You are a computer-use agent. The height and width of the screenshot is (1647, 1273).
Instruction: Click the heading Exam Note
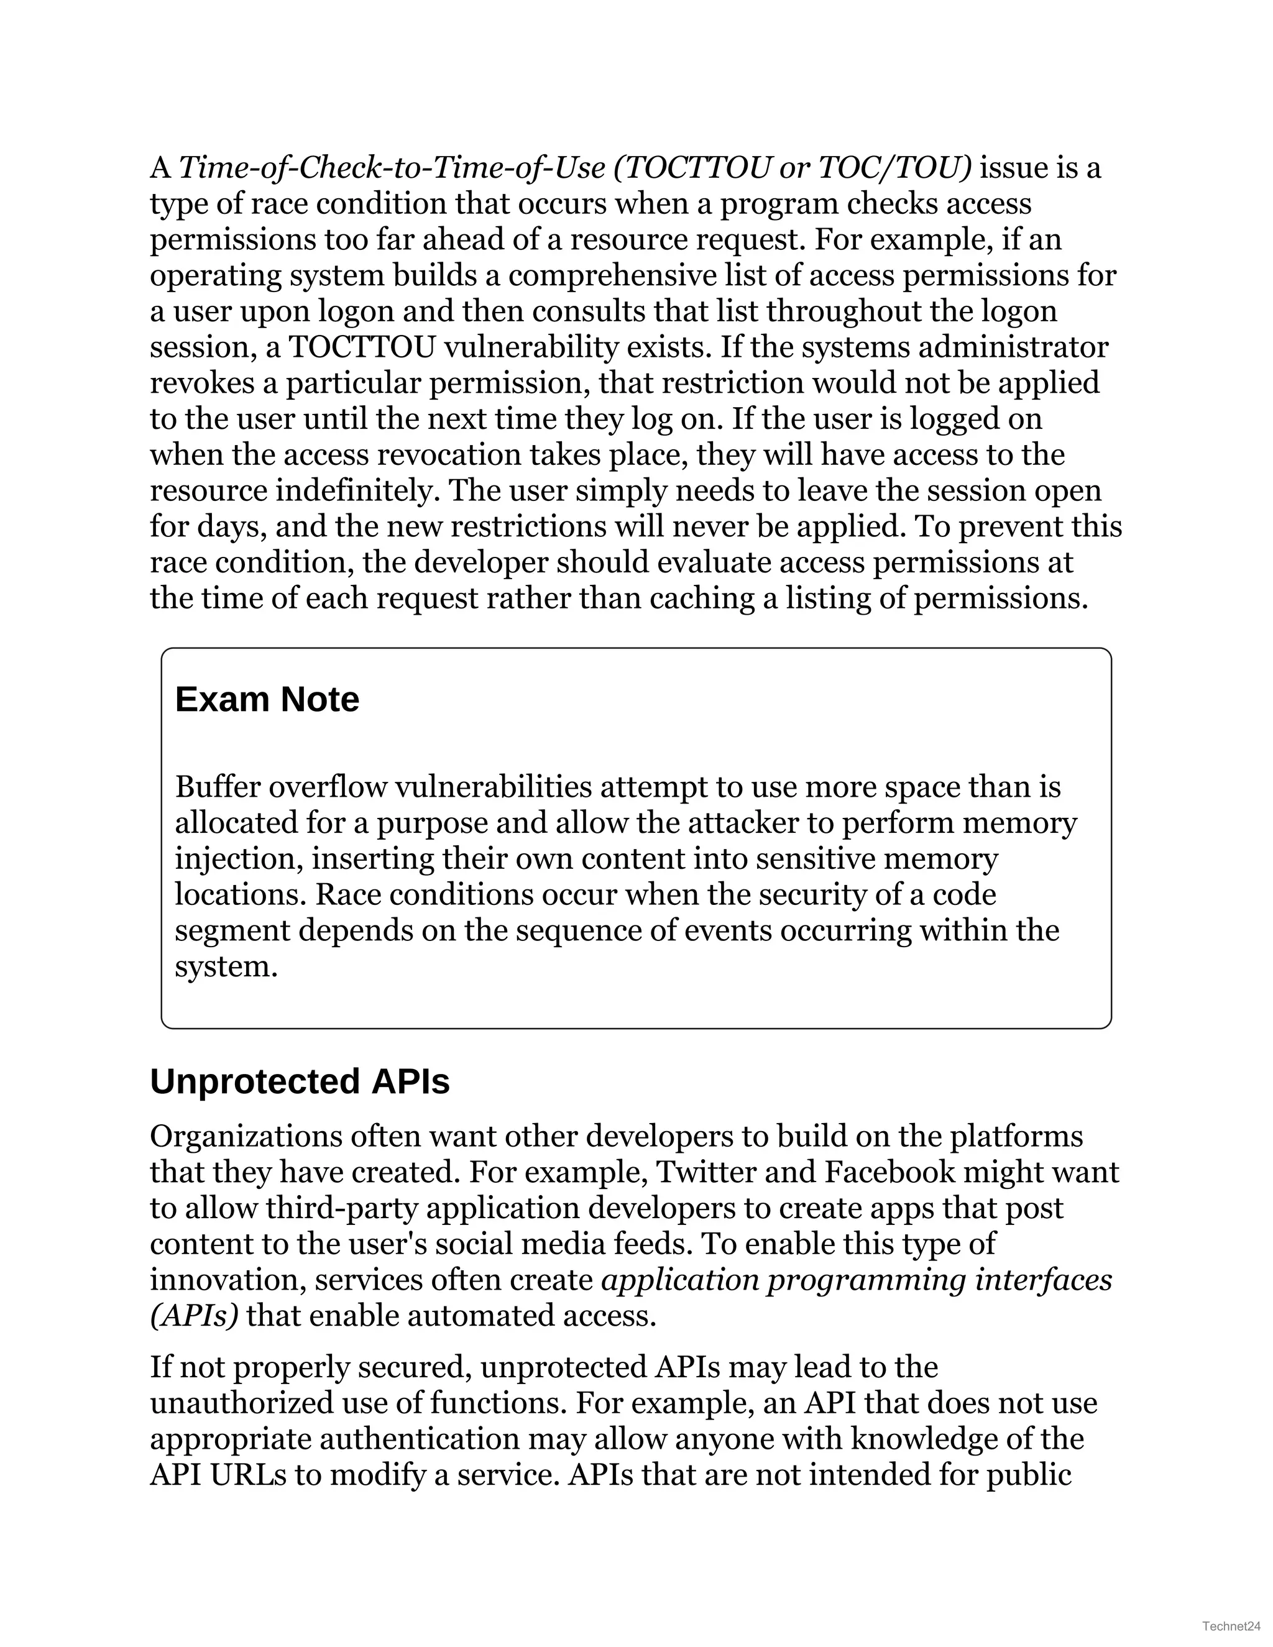pos(267,699)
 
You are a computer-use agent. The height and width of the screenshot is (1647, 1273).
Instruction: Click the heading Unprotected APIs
pos(300,1081)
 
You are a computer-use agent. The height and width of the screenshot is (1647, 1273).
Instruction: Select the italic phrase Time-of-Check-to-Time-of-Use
pos(392,167)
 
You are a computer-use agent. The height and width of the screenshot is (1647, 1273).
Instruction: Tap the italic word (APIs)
pos(194,1316)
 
